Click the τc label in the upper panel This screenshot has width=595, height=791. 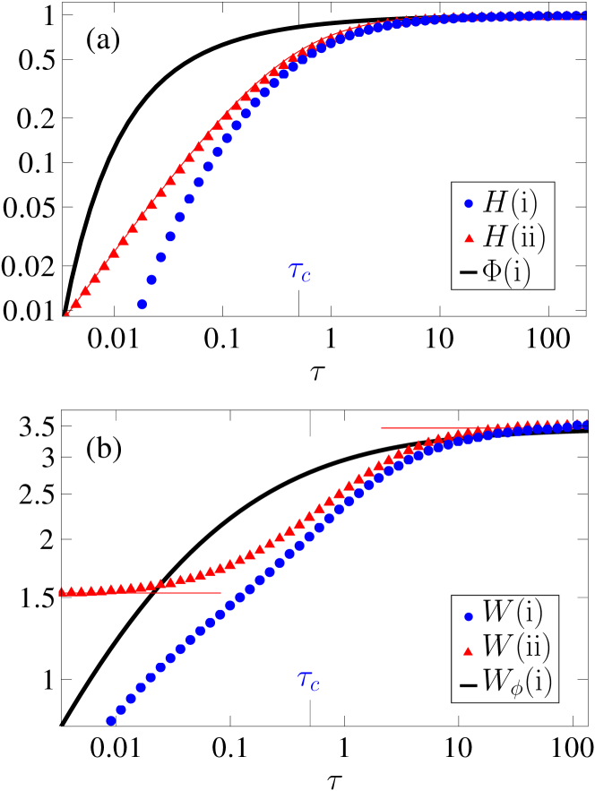299,272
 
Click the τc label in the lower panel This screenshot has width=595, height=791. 308,681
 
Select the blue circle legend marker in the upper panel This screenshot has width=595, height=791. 468,203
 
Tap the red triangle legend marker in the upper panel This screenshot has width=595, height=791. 468,238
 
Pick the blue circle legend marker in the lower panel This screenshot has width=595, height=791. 468,616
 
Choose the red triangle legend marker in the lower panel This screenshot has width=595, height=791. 468,651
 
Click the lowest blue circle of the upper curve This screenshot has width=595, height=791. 142,305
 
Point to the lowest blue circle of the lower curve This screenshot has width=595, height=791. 111,720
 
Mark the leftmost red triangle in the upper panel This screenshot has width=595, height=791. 66,314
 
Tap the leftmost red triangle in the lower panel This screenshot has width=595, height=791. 61,591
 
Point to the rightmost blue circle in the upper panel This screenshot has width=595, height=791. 581,15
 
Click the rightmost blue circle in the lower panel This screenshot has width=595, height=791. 582,425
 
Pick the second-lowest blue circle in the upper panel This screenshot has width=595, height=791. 151,279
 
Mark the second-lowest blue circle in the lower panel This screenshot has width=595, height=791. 121,709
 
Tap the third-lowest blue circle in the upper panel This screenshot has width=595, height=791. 160,257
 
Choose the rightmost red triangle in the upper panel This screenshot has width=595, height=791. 582,15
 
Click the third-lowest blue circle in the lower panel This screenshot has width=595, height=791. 131,698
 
